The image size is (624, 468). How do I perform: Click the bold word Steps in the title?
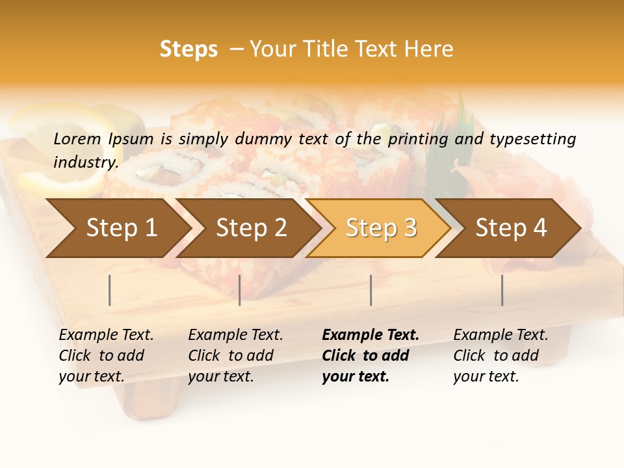click(188, 49)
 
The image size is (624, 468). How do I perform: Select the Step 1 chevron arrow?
click(117, 227)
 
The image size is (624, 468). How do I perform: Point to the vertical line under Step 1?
click(110, 290)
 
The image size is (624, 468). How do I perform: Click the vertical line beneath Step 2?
click(240, 290)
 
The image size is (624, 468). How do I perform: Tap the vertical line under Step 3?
click(371, 290)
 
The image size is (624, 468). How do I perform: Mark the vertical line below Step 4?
click(502, 290)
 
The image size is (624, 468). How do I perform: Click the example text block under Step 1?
click(106, 356)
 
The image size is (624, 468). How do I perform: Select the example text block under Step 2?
click(235, 356)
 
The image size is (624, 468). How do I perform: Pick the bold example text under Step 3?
click(370, 356)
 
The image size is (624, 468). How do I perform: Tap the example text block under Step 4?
click(500, 356)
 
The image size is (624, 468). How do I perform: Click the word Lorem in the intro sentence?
click(77, 139)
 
